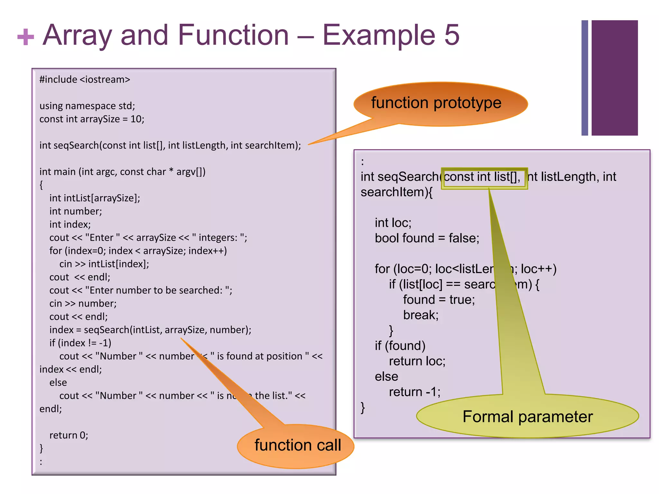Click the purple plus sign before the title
[x=25, y=37]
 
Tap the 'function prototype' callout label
[x=436, y=103]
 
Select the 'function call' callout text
[x=297, y=445]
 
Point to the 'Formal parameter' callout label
[x=527, y=416]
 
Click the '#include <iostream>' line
[x=85, y=79]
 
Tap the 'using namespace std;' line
[x=87, y=106]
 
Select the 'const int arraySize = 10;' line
[x=92, y=119]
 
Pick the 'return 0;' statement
[x=69, y=435]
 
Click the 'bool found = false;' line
[x=427, y=238]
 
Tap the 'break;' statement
[x=421, y=315]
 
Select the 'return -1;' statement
[x=414, y=392]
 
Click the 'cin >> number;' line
[x=83, y=304]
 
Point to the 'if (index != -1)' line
[x=80, y=343]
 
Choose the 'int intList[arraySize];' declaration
[x=95, y=198]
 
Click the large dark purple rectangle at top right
[x=614, y=78]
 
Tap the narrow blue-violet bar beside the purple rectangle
[x=585, y=78]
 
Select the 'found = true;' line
[x=439, y=300]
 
